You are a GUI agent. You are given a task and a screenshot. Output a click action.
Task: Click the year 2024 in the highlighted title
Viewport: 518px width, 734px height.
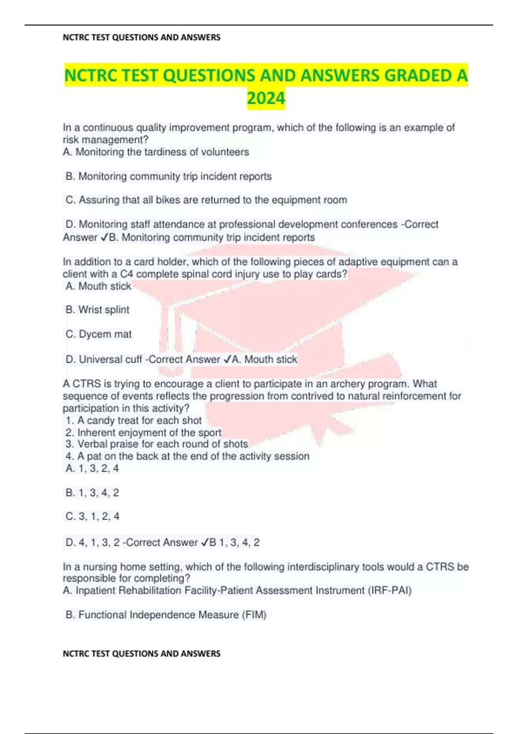click(x=266, y=98)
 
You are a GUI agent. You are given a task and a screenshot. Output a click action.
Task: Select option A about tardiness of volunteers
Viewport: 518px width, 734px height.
click(x=156, y=152)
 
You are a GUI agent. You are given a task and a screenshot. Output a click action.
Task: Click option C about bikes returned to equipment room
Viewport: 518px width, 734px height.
click(x=206, y=200)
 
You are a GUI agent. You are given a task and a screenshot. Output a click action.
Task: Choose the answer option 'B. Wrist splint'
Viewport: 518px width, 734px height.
click(x=98, y=310)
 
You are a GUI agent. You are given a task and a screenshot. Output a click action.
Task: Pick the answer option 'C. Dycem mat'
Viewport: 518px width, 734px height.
click(x=98, y=334)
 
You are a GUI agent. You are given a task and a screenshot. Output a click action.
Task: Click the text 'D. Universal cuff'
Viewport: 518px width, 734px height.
click(x=104, y=359)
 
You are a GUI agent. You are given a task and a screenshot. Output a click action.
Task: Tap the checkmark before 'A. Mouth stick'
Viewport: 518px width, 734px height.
click(x=227, y=359)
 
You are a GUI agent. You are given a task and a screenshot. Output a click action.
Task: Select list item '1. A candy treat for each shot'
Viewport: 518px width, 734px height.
click(x=134, y=421)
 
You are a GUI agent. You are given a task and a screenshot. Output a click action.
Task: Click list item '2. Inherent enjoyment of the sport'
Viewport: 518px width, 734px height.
click(x=143, y=433)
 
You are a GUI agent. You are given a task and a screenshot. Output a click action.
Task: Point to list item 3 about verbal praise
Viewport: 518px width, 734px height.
click(x=157, y=444)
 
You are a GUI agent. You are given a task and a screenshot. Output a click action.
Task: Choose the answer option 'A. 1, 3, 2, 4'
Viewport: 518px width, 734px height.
click(x=92, y=468)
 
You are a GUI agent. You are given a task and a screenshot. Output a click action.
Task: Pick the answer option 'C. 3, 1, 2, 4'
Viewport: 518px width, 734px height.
click(x=92, y=516)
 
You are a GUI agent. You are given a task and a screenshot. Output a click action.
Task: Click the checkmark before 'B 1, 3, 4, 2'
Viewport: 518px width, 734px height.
click(x=205, y=543)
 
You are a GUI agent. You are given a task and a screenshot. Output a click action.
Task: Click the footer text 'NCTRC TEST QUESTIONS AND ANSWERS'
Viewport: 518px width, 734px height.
click(x=142, y=654)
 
